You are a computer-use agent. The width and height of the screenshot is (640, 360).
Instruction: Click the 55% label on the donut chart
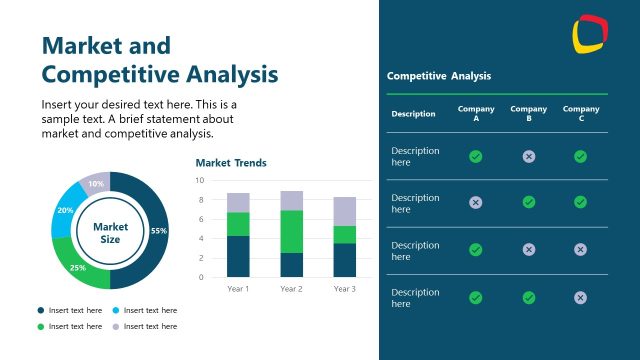(x=158, y=231)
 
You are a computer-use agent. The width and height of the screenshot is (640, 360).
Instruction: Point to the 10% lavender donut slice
(x=96, y=184)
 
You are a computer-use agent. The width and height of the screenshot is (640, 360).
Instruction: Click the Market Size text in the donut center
(x=110, y=233)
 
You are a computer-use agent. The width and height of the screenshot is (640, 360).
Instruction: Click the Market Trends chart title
(x=231, y=162)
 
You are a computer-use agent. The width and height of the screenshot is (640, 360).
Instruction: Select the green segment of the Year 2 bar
(x=291, y=231)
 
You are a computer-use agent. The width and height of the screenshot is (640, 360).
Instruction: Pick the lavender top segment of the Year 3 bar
(x=344, y=211)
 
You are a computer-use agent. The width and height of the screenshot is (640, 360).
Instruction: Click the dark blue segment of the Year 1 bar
(x=238, y=256)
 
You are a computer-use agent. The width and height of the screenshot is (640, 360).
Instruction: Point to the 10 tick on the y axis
(x=200, y=181)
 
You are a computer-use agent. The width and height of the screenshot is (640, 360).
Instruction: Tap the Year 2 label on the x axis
(x=291, y=289)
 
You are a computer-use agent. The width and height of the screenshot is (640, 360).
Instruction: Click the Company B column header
(x=528, y=114)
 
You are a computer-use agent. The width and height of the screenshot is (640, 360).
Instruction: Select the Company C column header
(x=581, y=114)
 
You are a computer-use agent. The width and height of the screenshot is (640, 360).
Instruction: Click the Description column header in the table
(x=413, y=114)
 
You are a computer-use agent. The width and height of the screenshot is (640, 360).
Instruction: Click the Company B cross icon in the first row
(x=529, y=156)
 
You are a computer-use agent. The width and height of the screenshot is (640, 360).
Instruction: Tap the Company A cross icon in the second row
(x=476, y=202)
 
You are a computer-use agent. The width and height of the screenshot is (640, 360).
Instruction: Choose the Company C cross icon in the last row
(x=581, y=297)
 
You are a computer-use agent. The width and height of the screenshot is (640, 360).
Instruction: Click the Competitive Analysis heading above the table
(x=439, y=76)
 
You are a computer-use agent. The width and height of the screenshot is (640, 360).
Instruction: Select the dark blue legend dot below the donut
(x=41, y=310)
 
